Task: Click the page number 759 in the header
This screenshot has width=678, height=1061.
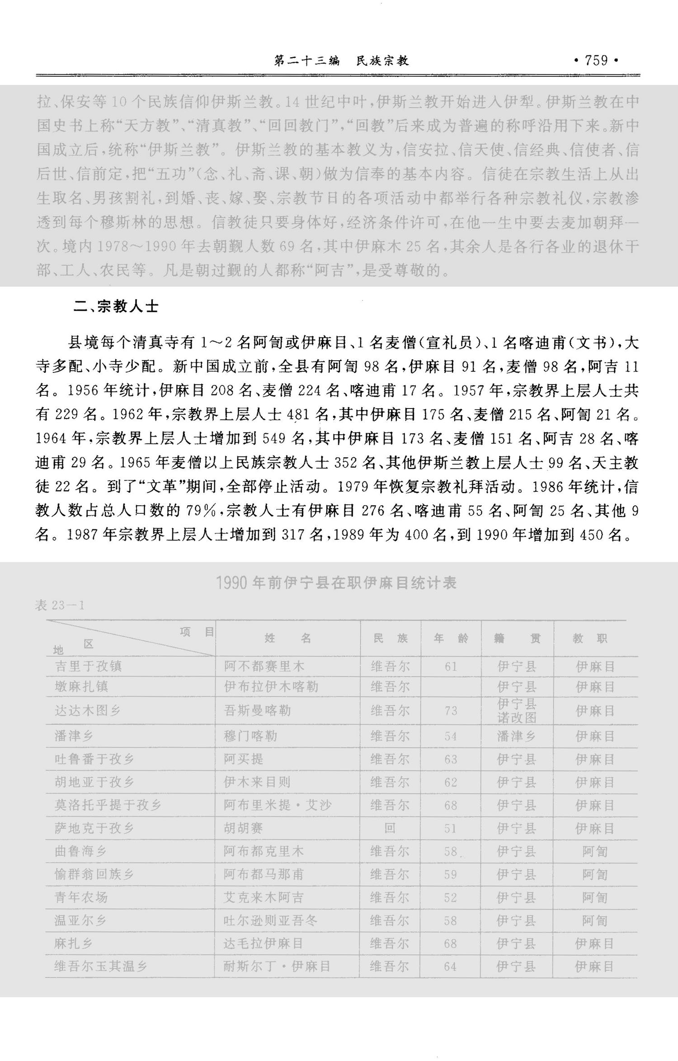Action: [596, 61]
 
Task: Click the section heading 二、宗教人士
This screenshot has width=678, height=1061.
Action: [116, 307]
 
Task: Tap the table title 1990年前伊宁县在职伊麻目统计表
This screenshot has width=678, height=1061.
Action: [336, 583]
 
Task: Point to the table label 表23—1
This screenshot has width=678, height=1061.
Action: [60, 605]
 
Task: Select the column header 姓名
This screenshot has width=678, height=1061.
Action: [287, 638]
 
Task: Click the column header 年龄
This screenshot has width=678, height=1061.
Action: [451, 638]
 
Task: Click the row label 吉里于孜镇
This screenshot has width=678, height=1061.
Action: [88, 666]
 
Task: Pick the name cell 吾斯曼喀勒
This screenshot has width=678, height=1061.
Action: [257, 710]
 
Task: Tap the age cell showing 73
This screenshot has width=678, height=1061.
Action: [451, 711]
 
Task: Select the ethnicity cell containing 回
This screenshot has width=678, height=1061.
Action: [390, 828]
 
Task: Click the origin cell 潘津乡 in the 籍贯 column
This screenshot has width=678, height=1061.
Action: [516, 736]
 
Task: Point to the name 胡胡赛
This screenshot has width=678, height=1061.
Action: [243, 828]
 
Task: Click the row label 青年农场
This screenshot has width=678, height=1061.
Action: [81, 897]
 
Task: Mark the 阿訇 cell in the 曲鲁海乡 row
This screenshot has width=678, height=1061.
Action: [594, 851]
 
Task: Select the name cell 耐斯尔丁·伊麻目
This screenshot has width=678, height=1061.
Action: [277, 966]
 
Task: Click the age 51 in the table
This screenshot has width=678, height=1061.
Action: [450, 828]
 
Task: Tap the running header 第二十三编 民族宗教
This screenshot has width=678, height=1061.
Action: [341, 61]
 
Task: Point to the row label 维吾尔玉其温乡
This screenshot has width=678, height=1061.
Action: [100, 966]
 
